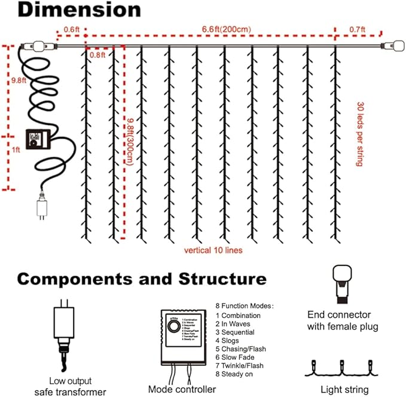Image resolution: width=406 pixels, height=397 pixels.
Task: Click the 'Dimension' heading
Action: point(71,10)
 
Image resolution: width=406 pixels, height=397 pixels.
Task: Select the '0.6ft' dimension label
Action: point(71,29)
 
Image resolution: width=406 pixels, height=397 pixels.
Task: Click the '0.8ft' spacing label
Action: point(97,55)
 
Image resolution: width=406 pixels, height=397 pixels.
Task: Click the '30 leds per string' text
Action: point(360,133)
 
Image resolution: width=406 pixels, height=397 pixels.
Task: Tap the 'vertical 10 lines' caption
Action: point(213,250)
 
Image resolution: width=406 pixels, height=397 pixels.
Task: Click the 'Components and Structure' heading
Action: point(141,279)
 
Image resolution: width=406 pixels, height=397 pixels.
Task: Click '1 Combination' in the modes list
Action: point(238,315)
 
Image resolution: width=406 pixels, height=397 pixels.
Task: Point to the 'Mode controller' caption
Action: point(182,389)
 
